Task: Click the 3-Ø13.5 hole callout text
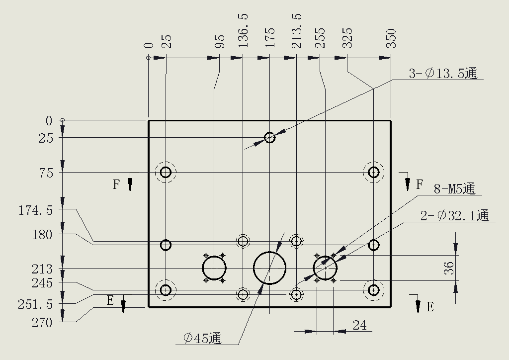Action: (x=443, y=74)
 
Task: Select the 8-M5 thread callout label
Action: (x=454, y=188)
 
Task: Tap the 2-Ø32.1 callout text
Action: (x=455, y=215)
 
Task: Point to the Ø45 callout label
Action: (x=203, y=338)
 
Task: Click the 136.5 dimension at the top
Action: (x=243, y=30)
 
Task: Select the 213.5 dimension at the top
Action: (x=297, y=30)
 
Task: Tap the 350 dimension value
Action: (x=392, y=38)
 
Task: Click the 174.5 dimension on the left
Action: (x=35, y=211)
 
